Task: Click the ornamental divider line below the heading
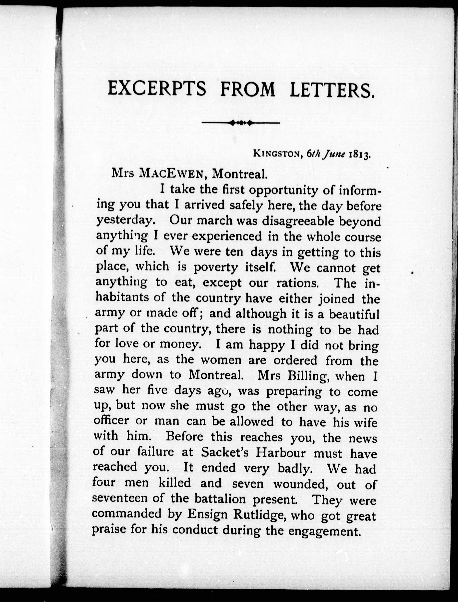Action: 240,123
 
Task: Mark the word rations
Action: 297,283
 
